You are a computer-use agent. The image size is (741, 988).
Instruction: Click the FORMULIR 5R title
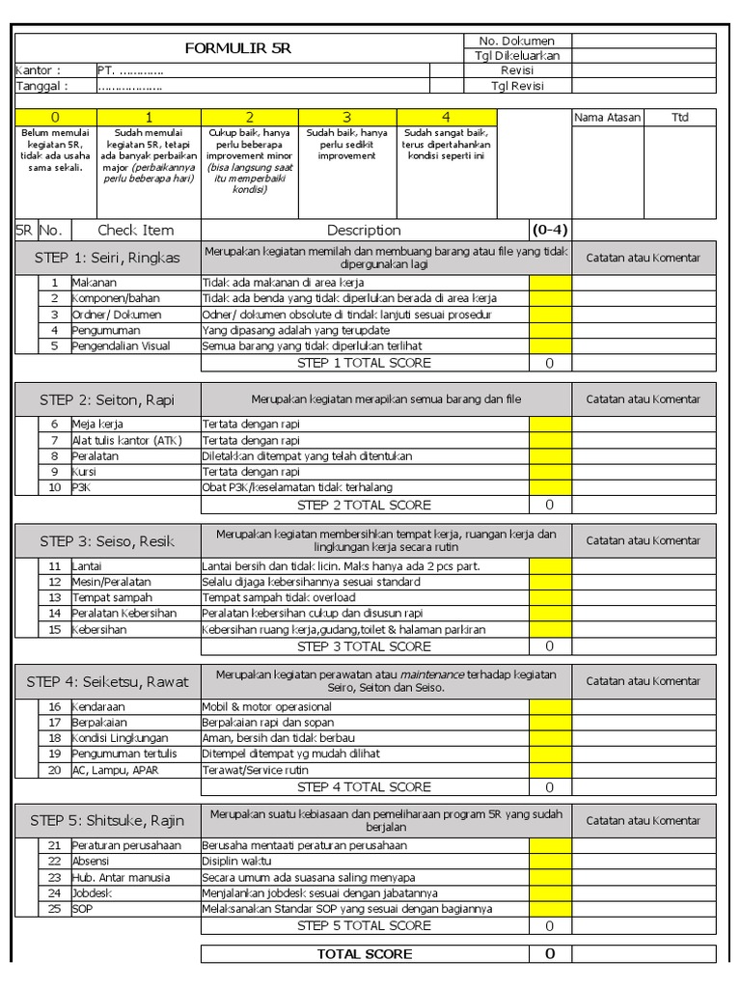click(238, 48)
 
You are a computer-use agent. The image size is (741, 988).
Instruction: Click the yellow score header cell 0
click(54, 118)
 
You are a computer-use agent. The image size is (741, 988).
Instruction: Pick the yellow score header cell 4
click(445, 118)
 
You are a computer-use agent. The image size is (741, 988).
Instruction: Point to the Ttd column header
click(681, 118)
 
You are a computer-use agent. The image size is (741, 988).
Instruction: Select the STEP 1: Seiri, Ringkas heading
click(107, 258)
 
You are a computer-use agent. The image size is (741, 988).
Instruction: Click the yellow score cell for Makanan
click(550, 283)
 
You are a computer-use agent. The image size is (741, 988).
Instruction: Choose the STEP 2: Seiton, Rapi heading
click(107, 399)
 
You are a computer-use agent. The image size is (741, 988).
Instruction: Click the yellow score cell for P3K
click(550, 487)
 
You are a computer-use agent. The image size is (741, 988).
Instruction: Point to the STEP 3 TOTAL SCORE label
click(364, 646)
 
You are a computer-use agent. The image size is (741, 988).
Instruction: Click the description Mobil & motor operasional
click(266, 707)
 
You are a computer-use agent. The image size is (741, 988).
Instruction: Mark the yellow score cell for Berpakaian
click(550, 723)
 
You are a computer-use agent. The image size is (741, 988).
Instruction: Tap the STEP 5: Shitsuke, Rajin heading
click(107, 820)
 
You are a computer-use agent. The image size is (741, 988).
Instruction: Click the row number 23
click(54, 877)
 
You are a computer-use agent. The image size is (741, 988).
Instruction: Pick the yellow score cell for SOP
click(550, 908)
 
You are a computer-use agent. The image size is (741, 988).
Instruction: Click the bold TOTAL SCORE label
click(364, 953)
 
